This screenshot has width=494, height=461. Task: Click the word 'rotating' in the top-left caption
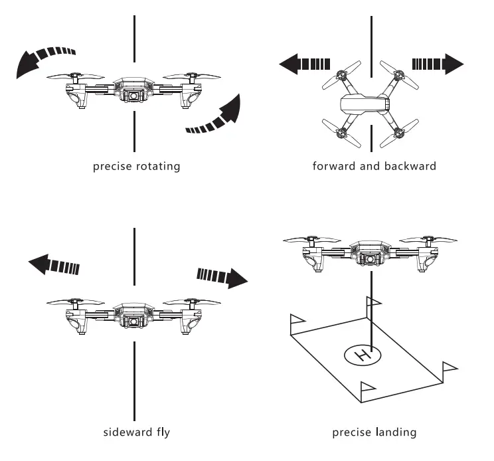pos(155,166)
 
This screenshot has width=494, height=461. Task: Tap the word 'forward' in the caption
pos(334,166)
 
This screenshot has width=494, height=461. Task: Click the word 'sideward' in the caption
pos(127,432)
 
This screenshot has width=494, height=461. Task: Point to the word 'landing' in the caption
pos(396,432)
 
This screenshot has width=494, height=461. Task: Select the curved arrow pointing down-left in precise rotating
pos(44,59)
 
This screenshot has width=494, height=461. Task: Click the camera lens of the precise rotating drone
pos(134,96)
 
